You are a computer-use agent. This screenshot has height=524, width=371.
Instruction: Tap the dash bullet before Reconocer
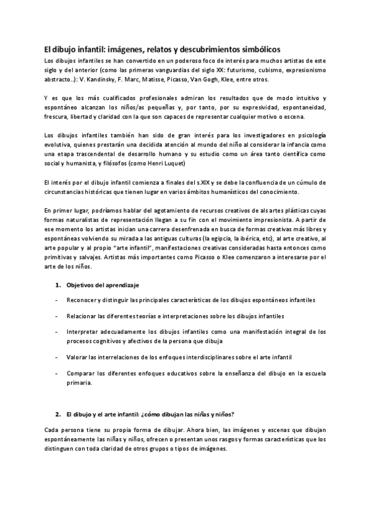tap(56, 300)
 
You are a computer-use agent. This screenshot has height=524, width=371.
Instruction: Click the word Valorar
tap(79, 357)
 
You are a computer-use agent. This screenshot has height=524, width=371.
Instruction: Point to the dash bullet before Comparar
tap(56, 373)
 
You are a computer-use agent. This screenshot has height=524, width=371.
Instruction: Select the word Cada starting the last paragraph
tap(54, 429)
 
